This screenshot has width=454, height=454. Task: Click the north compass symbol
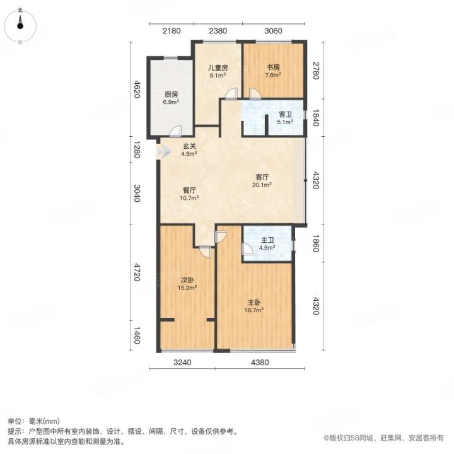click(x=20, y=25)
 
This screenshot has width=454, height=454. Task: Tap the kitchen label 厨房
click(x=171, y=95)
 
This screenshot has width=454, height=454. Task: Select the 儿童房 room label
click(x=218, y=67)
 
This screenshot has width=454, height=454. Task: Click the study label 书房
click(x=273, y=67)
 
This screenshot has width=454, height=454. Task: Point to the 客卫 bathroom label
click(x=285, y=115)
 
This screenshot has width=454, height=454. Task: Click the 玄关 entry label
click(x=189, y=146)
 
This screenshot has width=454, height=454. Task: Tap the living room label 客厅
click(x=262, y=177)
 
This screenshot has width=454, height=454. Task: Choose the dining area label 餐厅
click(x=189, y=190)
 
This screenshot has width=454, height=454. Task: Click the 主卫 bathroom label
click(x=267, y=240)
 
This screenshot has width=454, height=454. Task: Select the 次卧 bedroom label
click(x=187, y=280)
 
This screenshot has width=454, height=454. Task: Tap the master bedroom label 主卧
click(x=254, y=303)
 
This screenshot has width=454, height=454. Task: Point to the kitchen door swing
click(x=175, y=131)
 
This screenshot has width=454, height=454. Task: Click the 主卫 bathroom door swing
click(x=248, y=249)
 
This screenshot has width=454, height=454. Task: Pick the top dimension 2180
click(x=172, y=31)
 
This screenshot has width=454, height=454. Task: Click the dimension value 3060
click(x=273, y=31)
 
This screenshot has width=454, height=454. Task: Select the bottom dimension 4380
click(x=260, y=362)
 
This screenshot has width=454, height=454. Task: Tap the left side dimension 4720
click(x=137, y=272)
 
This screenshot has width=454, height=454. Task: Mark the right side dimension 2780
click(x=316, y=71)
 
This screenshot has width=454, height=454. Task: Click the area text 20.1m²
click(x=262, y=185)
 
